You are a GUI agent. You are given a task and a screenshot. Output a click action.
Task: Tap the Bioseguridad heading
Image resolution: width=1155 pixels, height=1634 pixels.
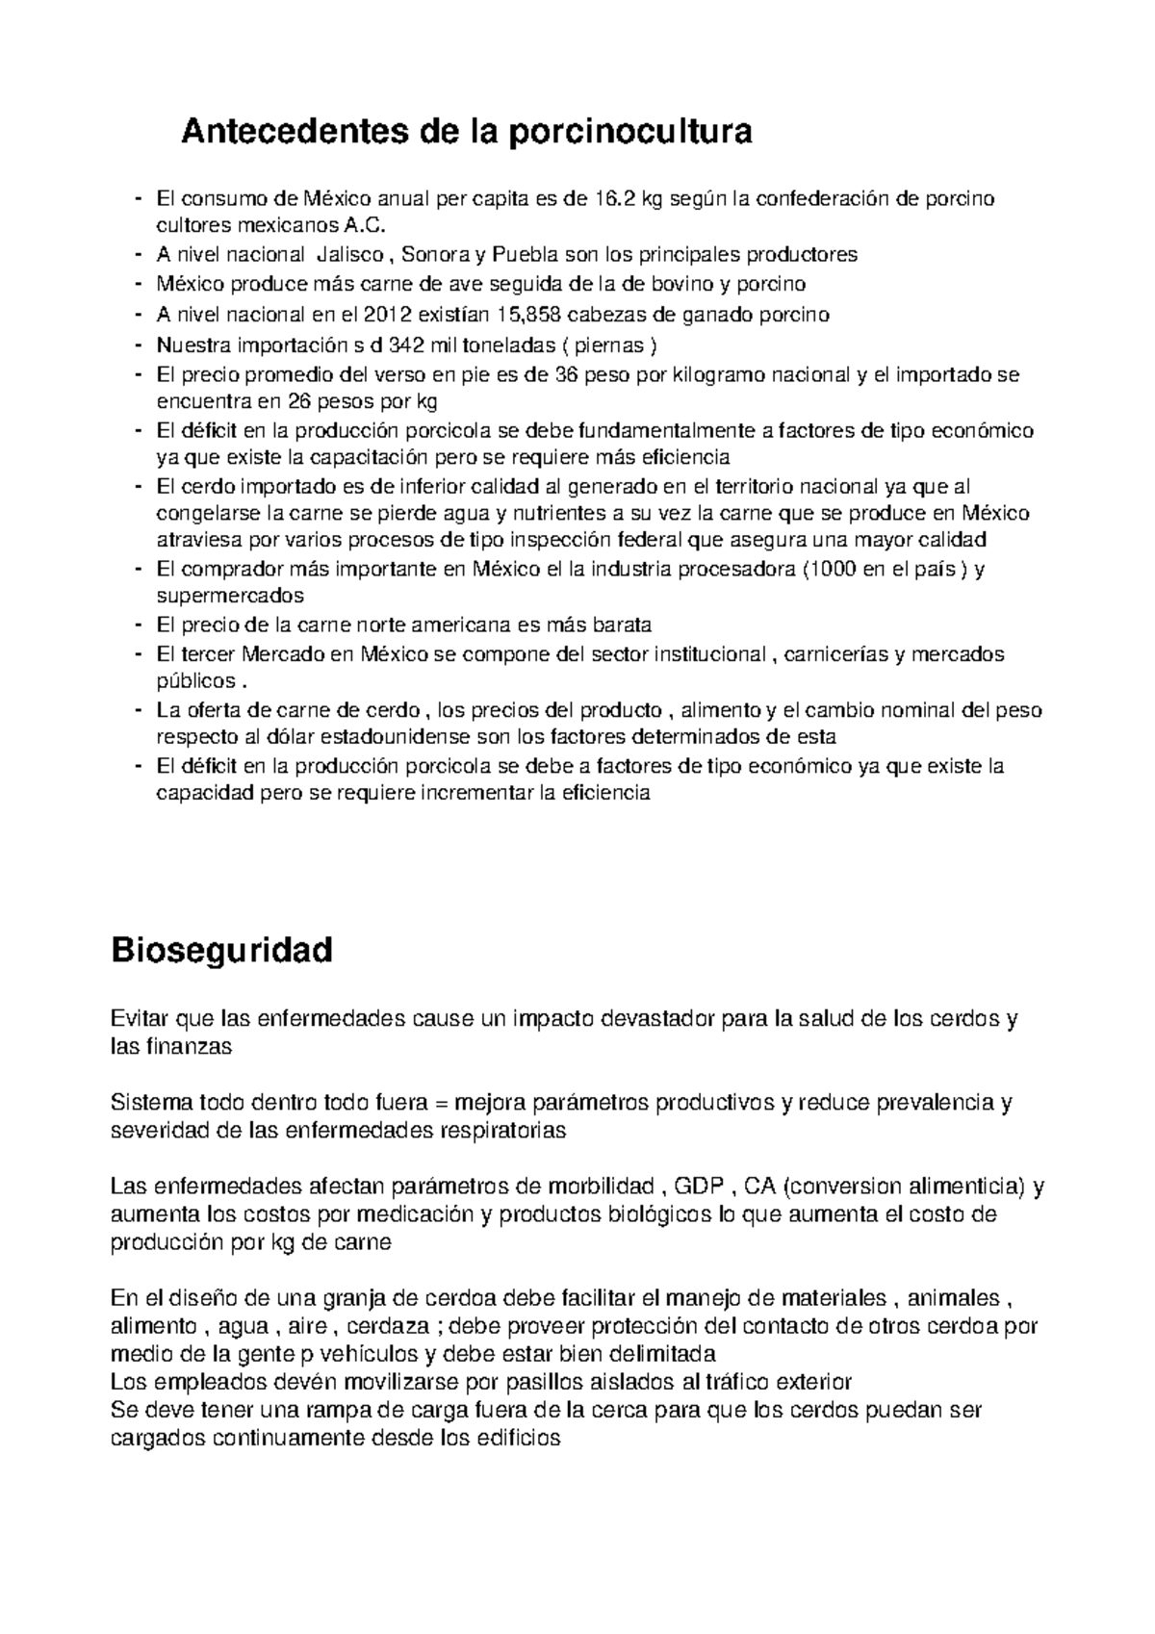click(222, 950)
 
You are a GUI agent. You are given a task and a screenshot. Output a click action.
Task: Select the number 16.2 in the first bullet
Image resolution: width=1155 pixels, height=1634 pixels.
click(615, 199)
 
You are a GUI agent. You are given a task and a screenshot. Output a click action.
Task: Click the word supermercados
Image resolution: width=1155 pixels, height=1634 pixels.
click(230, 595)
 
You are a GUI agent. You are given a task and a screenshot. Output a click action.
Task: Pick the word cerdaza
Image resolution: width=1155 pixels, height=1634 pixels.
click(387, 1326)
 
